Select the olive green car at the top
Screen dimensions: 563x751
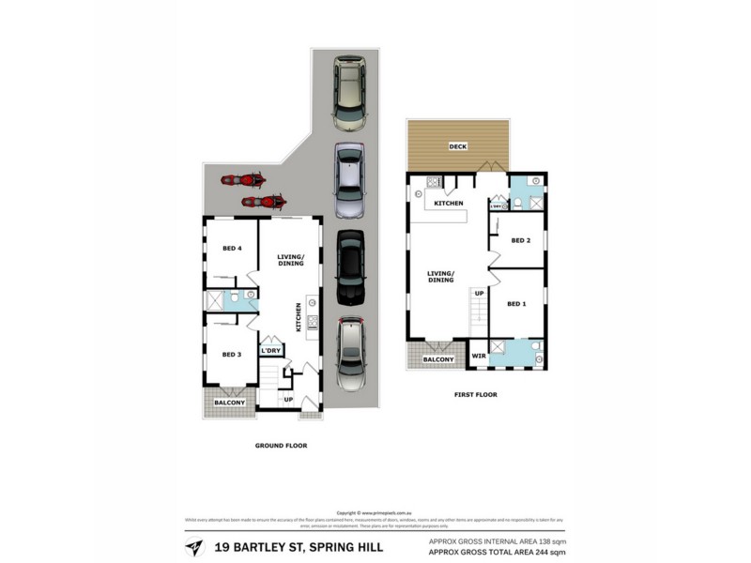click(x=350, y=92)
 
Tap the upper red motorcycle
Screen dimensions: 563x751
click(x=243, y=179)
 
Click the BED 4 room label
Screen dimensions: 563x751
click(x=233, y=249)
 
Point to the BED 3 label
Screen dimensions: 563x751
click(x=233, y=355)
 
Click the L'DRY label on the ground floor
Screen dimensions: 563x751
click(x=270, y=351)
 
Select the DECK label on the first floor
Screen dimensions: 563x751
click(x=457, y=146)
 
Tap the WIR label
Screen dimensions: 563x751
click(x=478, y=356)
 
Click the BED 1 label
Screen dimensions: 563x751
click(x=516, y=304)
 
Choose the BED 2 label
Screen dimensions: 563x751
click(x=521, y=241)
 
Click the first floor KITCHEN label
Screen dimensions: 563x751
click(x=448, y=204)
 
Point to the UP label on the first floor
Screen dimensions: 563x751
click(x=479, y=294)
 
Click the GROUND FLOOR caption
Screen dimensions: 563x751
click(x=281, y=446)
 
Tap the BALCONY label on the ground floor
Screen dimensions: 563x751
click(x=229, y=403)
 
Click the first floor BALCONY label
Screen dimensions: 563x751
click(x=437, y=359)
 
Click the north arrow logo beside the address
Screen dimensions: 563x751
click(x=194, y=546)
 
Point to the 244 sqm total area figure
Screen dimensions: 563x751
click(x=551, y=553)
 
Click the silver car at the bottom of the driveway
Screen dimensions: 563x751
click(x=351, y=350)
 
